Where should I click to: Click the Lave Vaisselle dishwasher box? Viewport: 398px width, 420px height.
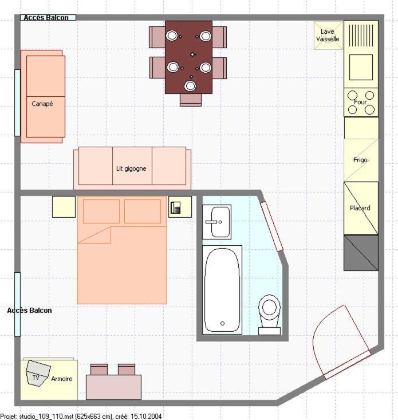(328, 36)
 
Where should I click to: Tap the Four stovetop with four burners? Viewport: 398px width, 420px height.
(361, 103)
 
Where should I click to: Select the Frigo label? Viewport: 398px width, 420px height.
(360, 160)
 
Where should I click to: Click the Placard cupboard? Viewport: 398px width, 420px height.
(361, 208)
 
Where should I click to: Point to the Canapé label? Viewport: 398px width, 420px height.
(42, 104)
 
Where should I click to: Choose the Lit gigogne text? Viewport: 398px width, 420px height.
(131, 169)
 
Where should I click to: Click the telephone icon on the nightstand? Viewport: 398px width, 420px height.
(176, 207)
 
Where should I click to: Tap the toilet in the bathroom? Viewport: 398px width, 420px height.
(269, 315)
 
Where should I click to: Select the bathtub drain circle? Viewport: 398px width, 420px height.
(222, 324)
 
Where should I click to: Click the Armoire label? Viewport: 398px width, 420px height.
(62, 379)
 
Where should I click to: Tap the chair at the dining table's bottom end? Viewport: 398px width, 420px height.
(191, 100)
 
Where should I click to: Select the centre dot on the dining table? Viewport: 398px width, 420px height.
(192, 54)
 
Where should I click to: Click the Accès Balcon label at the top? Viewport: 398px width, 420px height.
(46, 18)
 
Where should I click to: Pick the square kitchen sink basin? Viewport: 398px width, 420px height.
(361, 67)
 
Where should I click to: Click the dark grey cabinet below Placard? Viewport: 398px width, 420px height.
(361, 253)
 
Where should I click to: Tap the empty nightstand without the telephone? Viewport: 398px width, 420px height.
(64, 207)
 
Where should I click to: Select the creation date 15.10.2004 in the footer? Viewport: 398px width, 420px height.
(146, 417)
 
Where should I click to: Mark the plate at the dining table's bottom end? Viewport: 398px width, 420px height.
(190, 86)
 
